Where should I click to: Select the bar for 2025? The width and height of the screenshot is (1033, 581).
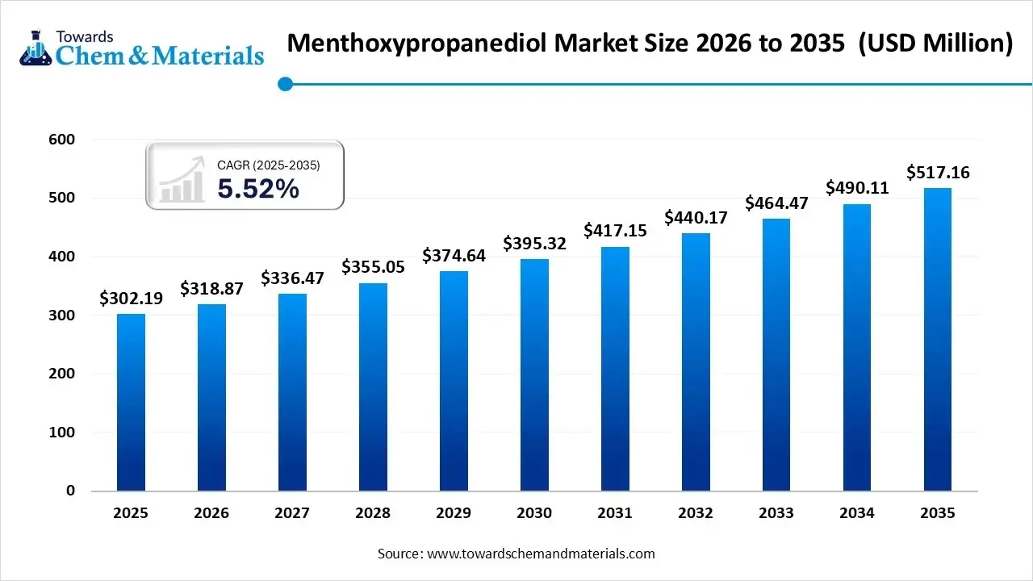click(x=131, y=402)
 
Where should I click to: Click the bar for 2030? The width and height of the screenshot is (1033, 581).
click(x=534, y=374)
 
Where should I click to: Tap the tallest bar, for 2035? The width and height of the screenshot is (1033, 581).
click(x=938, y=339)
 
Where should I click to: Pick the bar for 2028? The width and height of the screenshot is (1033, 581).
click(x=373, y=387)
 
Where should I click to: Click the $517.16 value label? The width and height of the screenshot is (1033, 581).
click(x=938, y=172)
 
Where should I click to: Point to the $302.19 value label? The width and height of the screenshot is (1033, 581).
click(x=131, y=299)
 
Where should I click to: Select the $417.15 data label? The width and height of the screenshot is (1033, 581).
click(x=615, y=231)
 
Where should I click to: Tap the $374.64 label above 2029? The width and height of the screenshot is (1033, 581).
click(x=454, y=256)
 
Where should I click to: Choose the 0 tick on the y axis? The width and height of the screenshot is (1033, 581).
click(x=70, y=491)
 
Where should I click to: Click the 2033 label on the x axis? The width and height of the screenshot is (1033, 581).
click(x=776, y=513)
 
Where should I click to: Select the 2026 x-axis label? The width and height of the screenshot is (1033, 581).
click(x=211, y=513)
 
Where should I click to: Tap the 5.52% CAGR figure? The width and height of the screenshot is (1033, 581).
click(x=258, y=189)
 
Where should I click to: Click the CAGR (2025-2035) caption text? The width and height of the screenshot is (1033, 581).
click(x=269, y=165)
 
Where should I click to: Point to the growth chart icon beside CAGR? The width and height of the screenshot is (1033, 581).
click(x=182, y=181)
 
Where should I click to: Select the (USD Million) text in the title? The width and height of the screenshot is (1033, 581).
click(x=935, y=44)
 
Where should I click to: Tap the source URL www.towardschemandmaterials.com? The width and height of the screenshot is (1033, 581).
click(x=541, y=554)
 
